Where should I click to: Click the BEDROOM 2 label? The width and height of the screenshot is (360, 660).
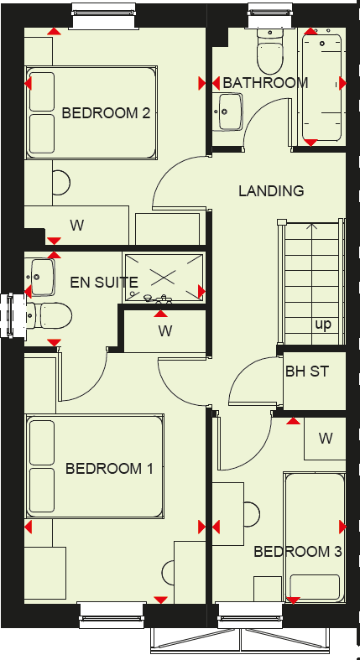(106, 112)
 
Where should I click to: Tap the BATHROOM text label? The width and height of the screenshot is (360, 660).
(265, 83)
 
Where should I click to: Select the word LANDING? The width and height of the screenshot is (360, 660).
(271, 191)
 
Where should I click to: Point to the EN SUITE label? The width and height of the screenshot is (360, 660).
(104, 282)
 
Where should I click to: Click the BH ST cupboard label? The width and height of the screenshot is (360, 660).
(306, 371)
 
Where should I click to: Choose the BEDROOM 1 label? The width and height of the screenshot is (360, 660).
(109, 469)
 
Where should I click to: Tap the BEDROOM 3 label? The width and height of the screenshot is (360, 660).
(298, 552)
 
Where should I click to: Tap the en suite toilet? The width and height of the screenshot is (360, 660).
(50, 315)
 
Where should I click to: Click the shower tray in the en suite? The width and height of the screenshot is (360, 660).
(164, 275)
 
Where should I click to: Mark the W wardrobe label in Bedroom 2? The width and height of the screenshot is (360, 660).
(76, 226)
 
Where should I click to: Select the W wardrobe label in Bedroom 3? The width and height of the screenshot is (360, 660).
(326, 438)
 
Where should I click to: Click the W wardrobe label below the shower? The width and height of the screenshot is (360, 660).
(165, 330)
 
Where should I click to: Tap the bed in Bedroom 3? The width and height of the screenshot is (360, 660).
(314, 537)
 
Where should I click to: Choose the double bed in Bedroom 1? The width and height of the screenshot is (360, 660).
(94, 466)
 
